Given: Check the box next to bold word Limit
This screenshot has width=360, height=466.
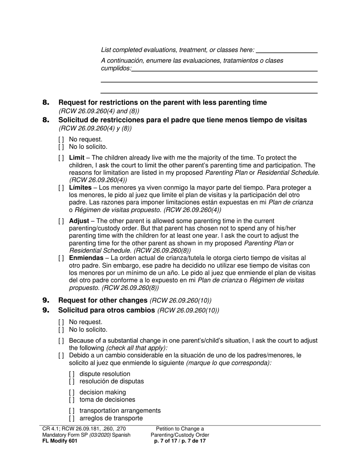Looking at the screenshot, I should pyautogui.click(x=61, y=158).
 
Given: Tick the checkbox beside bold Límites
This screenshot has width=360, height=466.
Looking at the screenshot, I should pyautogui.click(x=61, y=188).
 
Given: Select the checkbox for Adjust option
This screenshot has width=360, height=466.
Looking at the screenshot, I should pyautogui.click(x=61, y=221).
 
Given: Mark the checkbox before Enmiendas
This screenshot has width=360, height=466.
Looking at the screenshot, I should pyautogui.click(x=61, y=258).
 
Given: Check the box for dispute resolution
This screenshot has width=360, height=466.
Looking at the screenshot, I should pyautogui.click(x=72, y=374).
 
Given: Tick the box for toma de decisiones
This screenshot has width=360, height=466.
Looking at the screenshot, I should pyautogui.click(x=72, y=400).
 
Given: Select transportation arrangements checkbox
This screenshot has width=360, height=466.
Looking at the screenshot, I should pyautogui.click(x=72, y=411).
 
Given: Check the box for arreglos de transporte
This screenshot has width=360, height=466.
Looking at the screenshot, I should pyautogui.click(x=72, y=419).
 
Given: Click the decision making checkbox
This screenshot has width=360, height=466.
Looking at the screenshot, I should pyautogui.click(x=72, y=393).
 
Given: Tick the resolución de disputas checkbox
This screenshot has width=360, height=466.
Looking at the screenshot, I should pyautogui.click(x=72, y=382).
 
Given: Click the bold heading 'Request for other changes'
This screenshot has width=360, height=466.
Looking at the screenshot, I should pyautogui.click(x=103, y=300).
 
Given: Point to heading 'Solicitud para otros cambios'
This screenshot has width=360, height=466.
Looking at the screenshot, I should pyautogui.click(x=106, y=310).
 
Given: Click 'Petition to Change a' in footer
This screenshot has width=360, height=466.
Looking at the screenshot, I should pyautogui.click(x=180, y=429).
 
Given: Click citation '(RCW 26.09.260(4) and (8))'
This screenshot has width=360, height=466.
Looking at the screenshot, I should pyautogui.click(x=99, y=111).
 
